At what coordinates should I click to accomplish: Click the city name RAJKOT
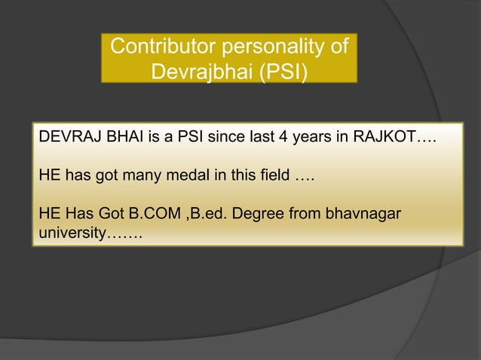(x=383, y=140)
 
